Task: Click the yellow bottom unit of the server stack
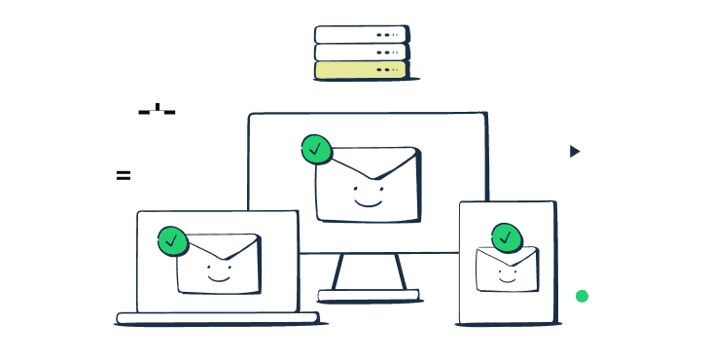click(359, 70)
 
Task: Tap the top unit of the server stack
click(359, 34)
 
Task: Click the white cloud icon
click(156, 89)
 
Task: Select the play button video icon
click(573, 151)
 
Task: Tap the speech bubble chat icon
click(125, 177)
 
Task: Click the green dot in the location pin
click(582, 295)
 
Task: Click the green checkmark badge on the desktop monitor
click(316, 150)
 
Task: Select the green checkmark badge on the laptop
click(172, 239)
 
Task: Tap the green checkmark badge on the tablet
click(506, 237)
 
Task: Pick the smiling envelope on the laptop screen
click(219, 264)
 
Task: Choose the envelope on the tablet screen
click(507, 270)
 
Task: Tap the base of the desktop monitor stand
click(368, 294)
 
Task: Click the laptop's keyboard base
click(216, 317)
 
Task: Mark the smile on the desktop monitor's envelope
click(367, 201)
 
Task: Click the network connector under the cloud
click(157, 110)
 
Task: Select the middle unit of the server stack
click(359, 52)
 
